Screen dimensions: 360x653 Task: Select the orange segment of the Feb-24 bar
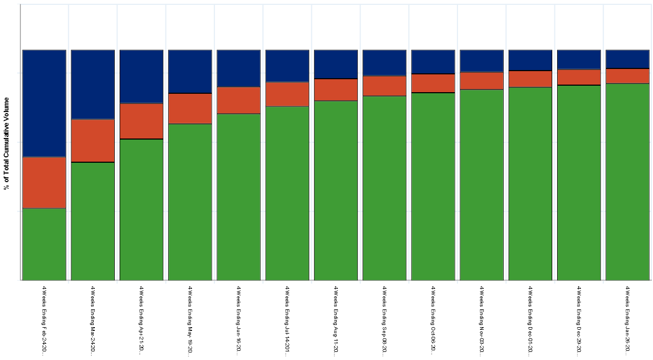(44, 183)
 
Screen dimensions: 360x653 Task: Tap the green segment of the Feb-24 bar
(44, 244)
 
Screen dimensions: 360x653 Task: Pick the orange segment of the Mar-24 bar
(93, 141)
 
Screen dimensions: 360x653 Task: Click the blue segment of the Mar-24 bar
(93, 85)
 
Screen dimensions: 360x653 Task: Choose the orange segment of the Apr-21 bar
(141, 121)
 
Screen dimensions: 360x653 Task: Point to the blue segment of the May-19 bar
(190, 72)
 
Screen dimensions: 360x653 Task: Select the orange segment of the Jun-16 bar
(239, 100)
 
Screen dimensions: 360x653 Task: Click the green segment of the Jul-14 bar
(287, 193)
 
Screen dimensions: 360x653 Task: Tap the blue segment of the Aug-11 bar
(336, 65)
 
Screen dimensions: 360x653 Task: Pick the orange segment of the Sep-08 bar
(384, 86)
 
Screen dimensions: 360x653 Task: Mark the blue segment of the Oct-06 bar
(433, 62)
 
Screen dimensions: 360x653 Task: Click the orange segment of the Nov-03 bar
(482, 81)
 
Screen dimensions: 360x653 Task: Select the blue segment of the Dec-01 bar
(530, 60)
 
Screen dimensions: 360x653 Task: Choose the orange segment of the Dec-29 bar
(579, 77)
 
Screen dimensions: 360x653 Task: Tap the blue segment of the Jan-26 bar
(627, 59)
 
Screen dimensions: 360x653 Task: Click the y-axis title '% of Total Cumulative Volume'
(6, 144)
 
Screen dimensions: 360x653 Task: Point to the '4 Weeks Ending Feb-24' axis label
(44, 320)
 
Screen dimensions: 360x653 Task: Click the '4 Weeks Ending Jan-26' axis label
(627, 320)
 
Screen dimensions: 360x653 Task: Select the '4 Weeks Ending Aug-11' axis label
(336, 320)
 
